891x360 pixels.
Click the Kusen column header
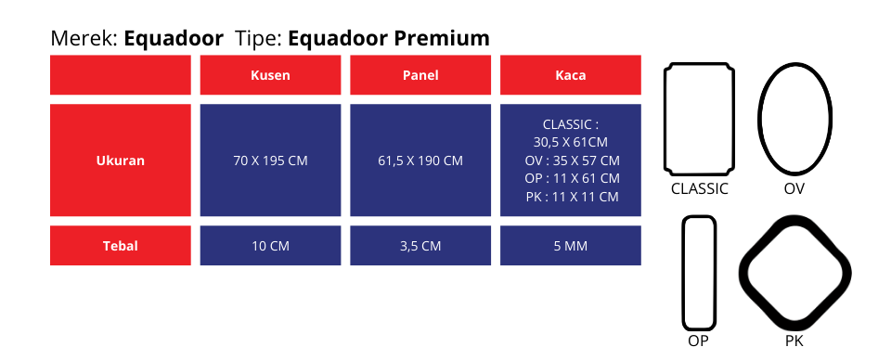[270, 75]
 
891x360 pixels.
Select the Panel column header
[420, 75]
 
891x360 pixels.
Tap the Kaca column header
[571, 75]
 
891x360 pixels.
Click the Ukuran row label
[121, 161]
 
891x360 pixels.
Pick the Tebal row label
[121, 246]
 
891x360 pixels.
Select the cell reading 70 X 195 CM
[270, 161]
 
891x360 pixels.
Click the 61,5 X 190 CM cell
[420, 161]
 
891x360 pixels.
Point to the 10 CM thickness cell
[270, 246]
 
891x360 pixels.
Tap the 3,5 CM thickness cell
[420, 246]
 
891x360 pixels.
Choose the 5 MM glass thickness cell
[571, 246]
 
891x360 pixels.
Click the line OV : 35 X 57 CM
[572, 161]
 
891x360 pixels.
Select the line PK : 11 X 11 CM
[572, 197]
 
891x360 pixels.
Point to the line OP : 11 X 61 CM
[572, 178]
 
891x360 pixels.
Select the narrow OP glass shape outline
[684, 273]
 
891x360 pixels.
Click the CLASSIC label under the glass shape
[700, 189]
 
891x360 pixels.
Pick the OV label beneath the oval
[794, 189]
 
